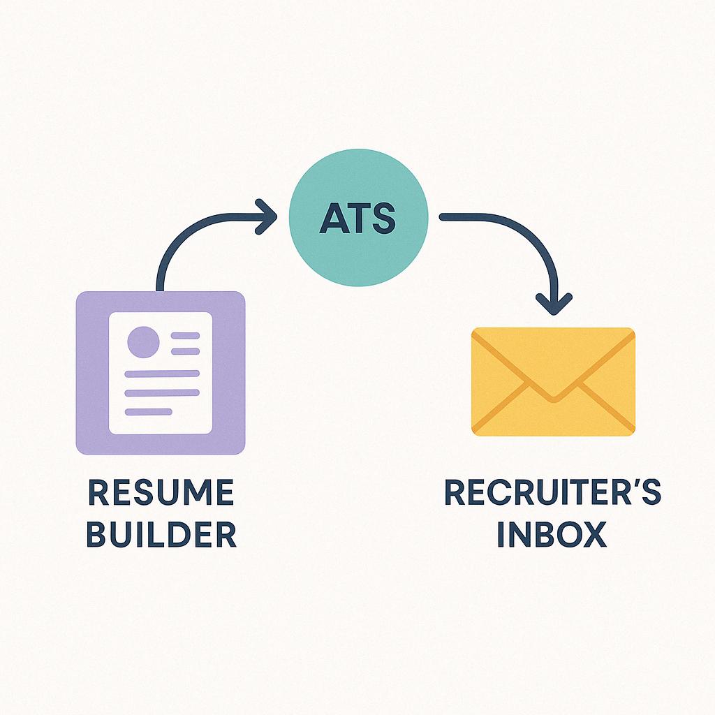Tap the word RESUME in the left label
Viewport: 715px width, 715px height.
[x=161, y=494]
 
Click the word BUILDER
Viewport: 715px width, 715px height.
[x=161, y=535]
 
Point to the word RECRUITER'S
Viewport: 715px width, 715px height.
[x=552, y=494]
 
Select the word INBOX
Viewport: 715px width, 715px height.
[x=552, y=535]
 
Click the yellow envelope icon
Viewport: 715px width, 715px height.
[x=553, y=382]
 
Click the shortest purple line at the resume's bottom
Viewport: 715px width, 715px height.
[x=147, y=411]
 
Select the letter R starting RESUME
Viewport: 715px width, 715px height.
[x=98, y=494]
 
